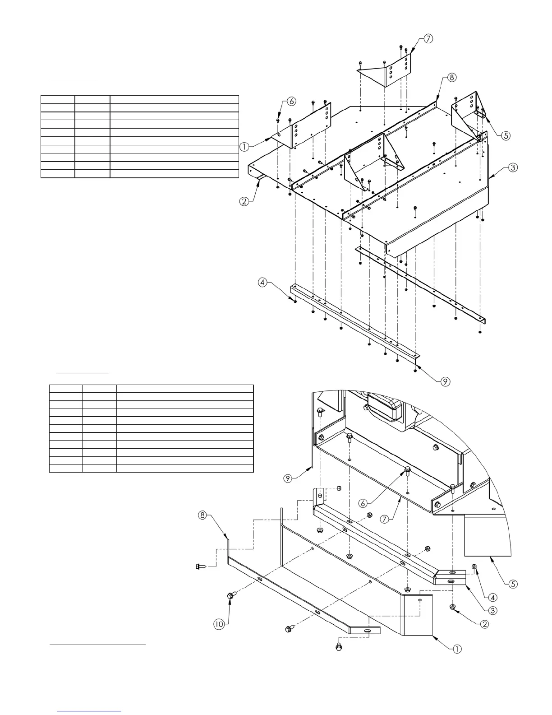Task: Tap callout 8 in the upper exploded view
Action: click(452, 77)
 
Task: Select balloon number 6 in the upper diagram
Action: click(291, 102)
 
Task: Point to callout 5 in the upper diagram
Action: click(506, 135)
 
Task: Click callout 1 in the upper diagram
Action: click(244, 146)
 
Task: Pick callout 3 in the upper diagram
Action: click(513, 167)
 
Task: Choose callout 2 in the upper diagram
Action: click(244, 201)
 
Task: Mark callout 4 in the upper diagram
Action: click(262, 283)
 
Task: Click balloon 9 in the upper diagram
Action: click(445, 381)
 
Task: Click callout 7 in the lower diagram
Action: click(385, 519)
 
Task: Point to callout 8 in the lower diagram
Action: click(203, 515)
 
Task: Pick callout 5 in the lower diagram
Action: click(513, 584)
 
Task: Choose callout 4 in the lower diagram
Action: click(493, 598)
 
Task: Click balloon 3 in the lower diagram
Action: click(493, 611)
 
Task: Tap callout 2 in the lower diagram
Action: click(484, 624)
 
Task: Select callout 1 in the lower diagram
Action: click(457, 649)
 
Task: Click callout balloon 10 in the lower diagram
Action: click(219, 624)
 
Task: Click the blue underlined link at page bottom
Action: click(90, 710)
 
